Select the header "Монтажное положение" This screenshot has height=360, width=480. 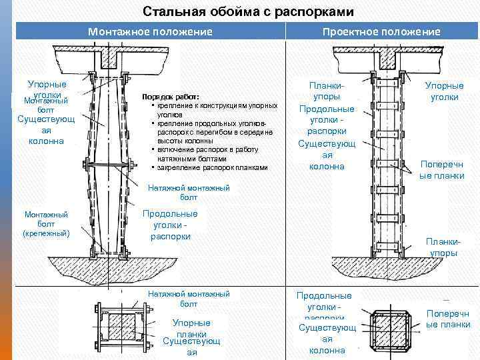pos(150,31)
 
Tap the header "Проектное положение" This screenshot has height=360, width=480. pos(381,31)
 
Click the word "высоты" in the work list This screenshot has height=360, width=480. pos(169,141)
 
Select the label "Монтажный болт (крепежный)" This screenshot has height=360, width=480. pos(47,224)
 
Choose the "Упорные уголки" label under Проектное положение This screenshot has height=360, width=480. pos(444,91)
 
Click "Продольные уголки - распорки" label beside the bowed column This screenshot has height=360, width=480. pos(170,225)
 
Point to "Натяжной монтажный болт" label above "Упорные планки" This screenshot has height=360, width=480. pos(189,298)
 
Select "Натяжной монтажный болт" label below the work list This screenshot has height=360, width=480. pos(189,193)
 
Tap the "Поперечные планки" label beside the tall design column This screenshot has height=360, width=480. pos(441,170)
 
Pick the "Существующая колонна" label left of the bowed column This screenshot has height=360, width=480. pos(41,130)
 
